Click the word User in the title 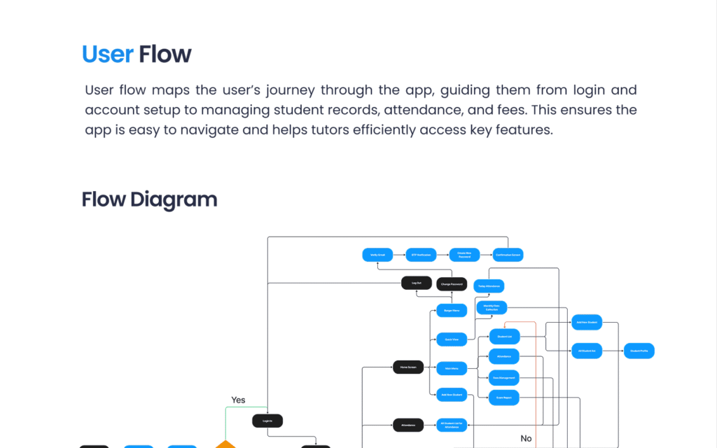click(107, 54)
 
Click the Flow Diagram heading click(149, 199)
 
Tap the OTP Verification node click(420, 255)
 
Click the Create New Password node click(464, 255)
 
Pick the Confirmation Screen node click(508, 255)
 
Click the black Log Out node click(417, 283)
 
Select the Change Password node click(452, 284)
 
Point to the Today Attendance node click(489, 286)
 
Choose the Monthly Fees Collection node click(492, 307)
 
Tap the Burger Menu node click(452, 310)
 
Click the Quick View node click(452, 339)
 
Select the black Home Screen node click(408, 367)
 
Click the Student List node click(504, 337)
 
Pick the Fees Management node click(504, 378)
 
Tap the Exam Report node click(504, 398)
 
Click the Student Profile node click(639, 351)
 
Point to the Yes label click(238, 400)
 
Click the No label click(526, 439)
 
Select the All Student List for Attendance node click(452, 424)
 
